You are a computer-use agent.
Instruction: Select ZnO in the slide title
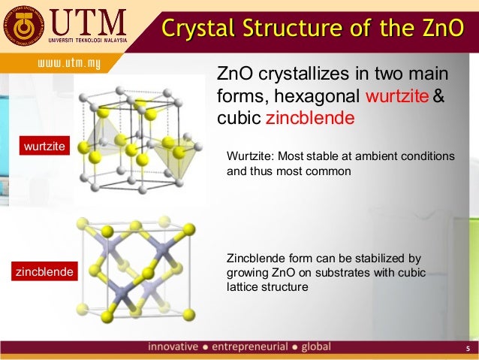(x=443, y=29)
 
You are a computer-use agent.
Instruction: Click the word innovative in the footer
(x=173, y=347)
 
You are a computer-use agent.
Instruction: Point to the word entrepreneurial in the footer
(x=250, y=347)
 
